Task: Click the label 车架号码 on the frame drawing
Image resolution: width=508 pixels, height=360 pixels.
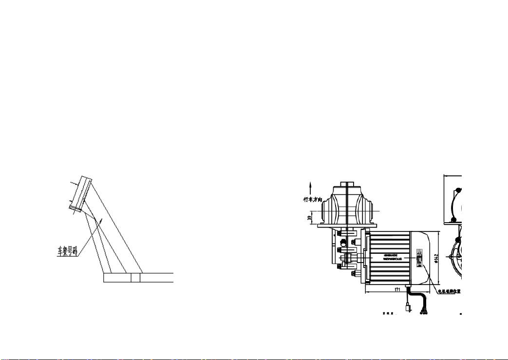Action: pyautogui.click(x=65, y=252)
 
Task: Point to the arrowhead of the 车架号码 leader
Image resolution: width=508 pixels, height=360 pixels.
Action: pyautogui.click(x=101, y=220)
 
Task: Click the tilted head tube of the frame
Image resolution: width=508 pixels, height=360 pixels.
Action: pyautogui.click(x=80, y=194)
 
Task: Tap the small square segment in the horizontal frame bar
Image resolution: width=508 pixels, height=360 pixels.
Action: pyautogui.click(x=135, y=278)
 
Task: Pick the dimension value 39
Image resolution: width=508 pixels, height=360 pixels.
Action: pyautogui.click(x=309, y=218)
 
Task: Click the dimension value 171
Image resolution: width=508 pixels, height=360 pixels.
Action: pyautogui.click(x=398, y=289)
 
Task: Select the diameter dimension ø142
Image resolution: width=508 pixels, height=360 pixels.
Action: pyautogui.click(x=437, y=257)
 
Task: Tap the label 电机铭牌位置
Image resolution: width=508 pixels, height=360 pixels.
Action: pyautogui.click(x=449, y=292)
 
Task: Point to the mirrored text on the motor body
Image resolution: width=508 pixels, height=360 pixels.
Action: pyautogui.click(x=387, y=257)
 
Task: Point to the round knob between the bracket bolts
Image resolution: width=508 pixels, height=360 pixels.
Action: pyautogui.click(x=345, y=242)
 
